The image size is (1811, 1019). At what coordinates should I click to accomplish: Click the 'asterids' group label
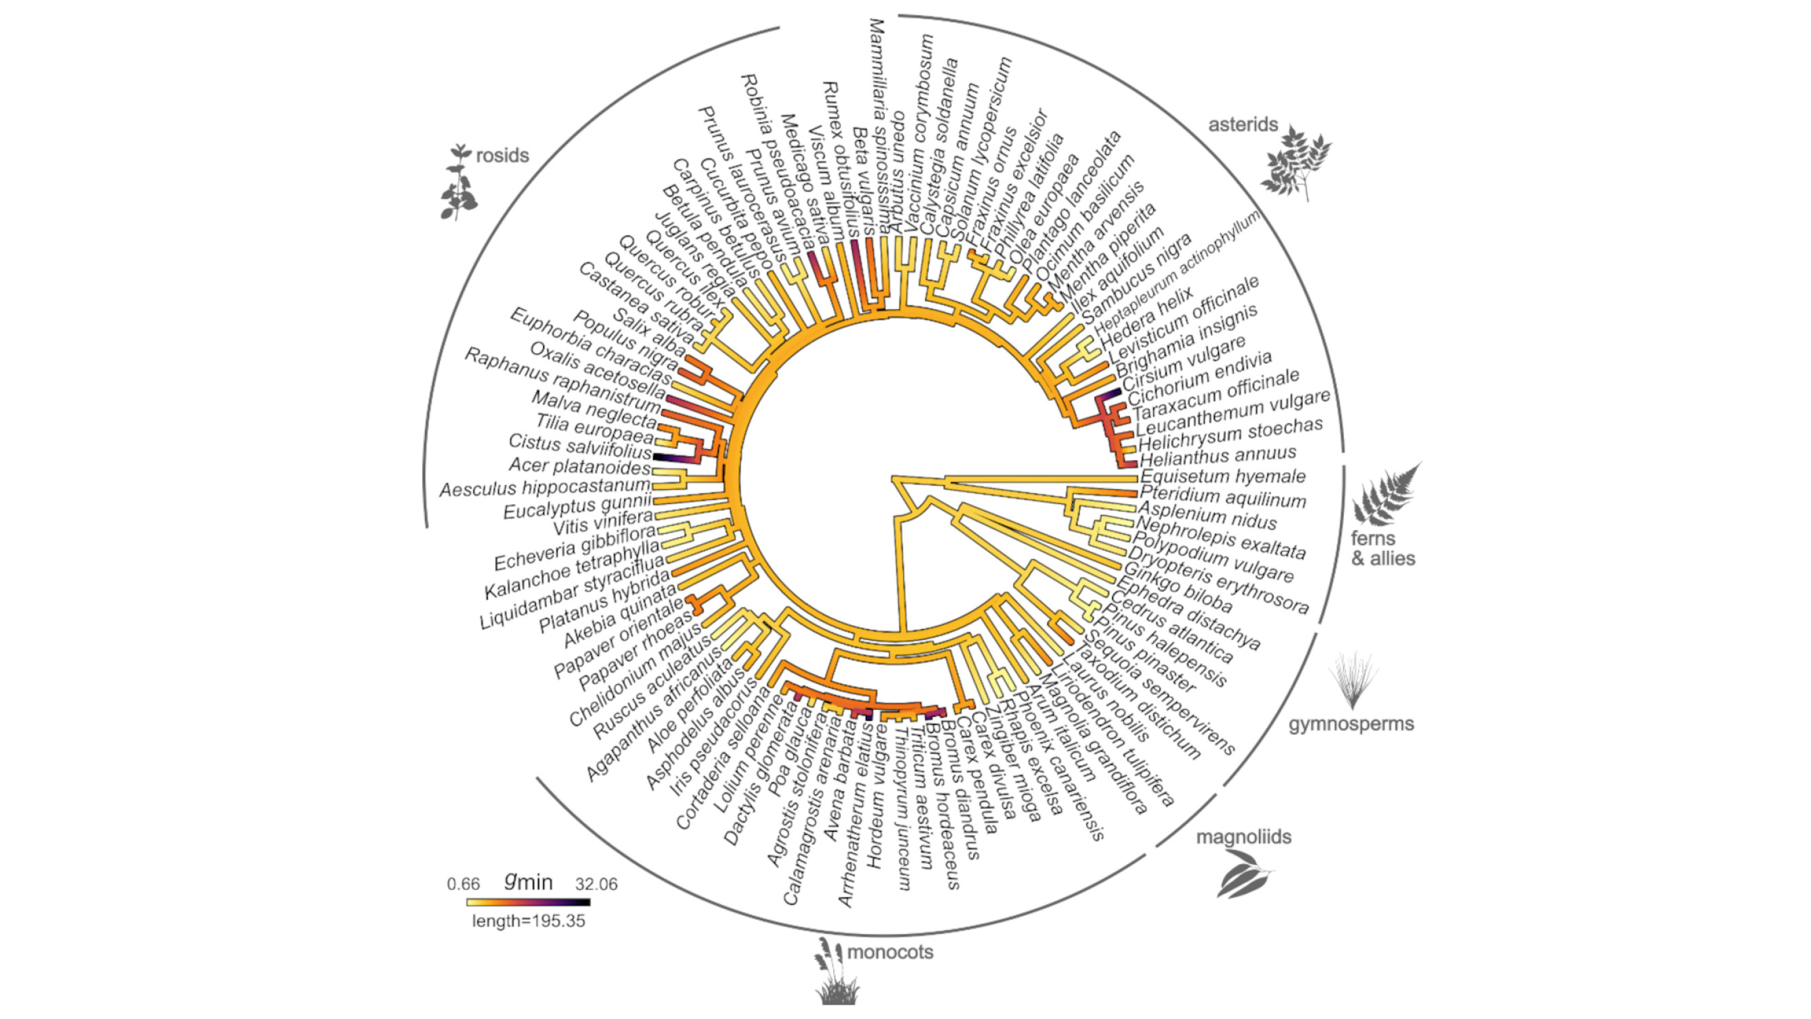point(1243,124)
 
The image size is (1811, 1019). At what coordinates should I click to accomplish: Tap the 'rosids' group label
point(502,156)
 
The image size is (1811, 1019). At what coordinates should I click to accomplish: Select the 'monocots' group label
point(890,952)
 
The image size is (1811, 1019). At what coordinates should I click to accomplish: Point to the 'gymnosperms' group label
point(1351,723)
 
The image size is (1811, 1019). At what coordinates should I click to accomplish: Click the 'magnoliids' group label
point(1243,837)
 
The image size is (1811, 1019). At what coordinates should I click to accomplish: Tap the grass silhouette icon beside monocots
point(835,972)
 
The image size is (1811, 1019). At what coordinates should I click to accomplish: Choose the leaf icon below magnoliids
point(1243,875)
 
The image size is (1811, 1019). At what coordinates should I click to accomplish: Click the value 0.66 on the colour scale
point(463,884)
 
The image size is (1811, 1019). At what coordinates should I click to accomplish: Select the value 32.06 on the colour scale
point(596,884)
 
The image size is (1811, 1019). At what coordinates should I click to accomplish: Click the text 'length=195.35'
point(528,921)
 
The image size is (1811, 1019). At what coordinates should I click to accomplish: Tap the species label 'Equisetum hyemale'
point(1222,477)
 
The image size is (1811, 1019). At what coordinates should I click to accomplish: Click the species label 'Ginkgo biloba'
point(1178,587)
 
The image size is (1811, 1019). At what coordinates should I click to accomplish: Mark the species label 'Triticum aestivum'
point(922,801)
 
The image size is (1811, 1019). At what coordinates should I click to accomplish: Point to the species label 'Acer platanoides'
point(579,466)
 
